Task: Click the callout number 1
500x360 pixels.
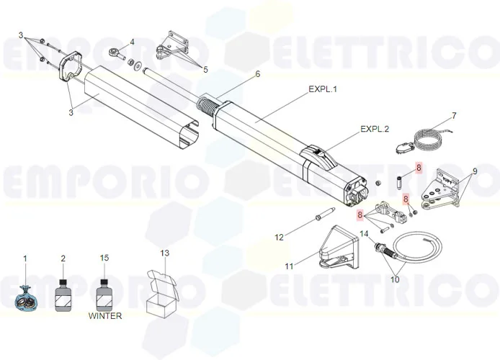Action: click(26, 258)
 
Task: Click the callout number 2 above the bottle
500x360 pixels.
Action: click(63, 258)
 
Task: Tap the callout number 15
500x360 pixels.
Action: click(105, 258)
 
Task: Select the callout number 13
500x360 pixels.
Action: click(165, 253)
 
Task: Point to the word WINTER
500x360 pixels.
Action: click(105, 315)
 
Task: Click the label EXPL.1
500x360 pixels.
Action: click(323, 89)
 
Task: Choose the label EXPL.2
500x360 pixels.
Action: click(375, 130)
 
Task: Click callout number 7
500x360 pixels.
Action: click(454, 115)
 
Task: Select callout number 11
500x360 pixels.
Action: click(289, 266)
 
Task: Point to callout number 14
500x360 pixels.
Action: click(364, 233)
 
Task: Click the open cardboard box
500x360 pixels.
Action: click(161, 295)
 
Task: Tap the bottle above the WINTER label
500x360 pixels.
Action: click(105, 293)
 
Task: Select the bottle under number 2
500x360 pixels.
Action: click(63, 294)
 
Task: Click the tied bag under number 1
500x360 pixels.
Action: click(26, 297)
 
